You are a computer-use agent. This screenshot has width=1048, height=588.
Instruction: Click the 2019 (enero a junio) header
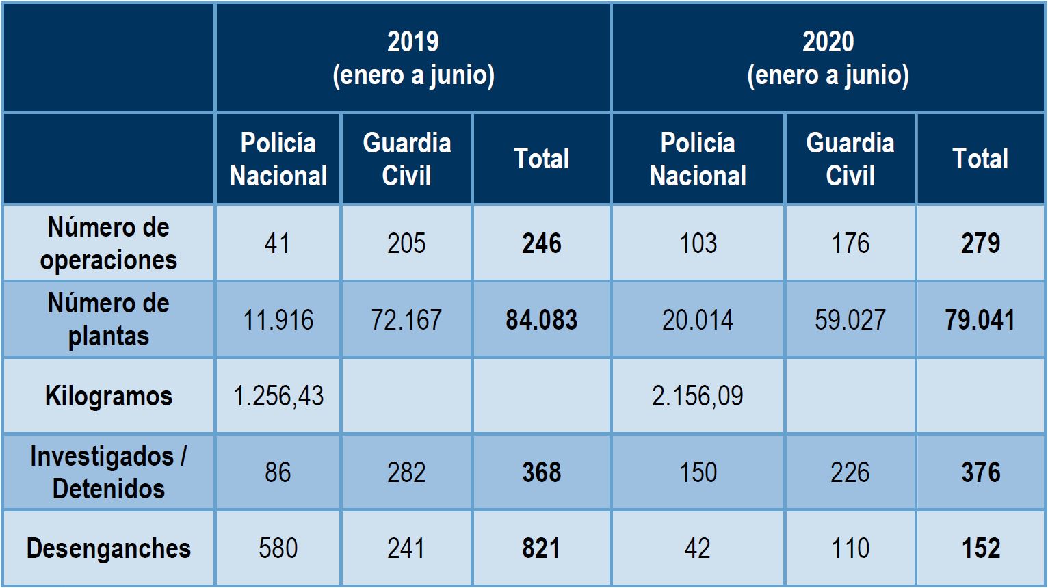coord(413,58)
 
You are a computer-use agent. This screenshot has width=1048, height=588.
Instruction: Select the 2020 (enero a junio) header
coord(828,58)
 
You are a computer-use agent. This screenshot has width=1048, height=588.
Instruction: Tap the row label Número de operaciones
coord(108,243)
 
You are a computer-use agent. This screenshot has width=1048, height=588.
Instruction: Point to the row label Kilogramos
coord(108,396)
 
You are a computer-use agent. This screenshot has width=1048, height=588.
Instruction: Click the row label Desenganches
coord(108,548)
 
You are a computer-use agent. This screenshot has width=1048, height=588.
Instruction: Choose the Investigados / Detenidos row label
coord(108,472)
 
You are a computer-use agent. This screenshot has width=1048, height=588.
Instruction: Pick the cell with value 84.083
coord(541,320)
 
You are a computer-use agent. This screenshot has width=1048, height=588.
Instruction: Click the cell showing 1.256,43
coord(278,396)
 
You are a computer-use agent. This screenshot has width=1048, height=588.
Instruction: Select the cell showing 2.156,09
coord(697,396)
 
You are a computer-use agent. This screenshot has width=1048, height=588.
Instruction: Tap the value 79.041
coord(980,320)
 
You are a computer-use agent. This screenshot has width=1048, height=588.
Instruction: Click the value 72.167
coord(406,320)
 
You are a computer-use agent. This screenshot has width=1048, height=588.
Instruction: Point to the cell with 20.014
coord(697,320)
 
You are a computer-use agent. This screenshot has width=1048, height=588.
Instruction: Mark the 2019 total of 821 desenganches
coord(541,548)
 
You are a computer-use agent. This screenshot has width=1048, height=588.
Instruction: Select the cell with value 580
coord(278,548)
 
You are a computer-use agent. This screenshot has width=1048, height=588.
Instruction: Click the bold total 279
coord(980,243)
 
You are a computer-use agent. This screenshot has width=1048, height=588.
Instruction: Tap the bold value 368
coord(541,472)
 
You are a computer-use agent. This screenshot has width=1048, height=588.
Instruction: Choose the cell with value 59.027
coord(850,320)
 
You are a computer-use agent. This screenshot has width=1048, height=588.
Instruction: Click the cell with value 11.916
coord(278,320)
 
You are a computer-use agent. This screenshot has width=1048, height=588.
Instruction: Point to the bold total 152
coord(980,548)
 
